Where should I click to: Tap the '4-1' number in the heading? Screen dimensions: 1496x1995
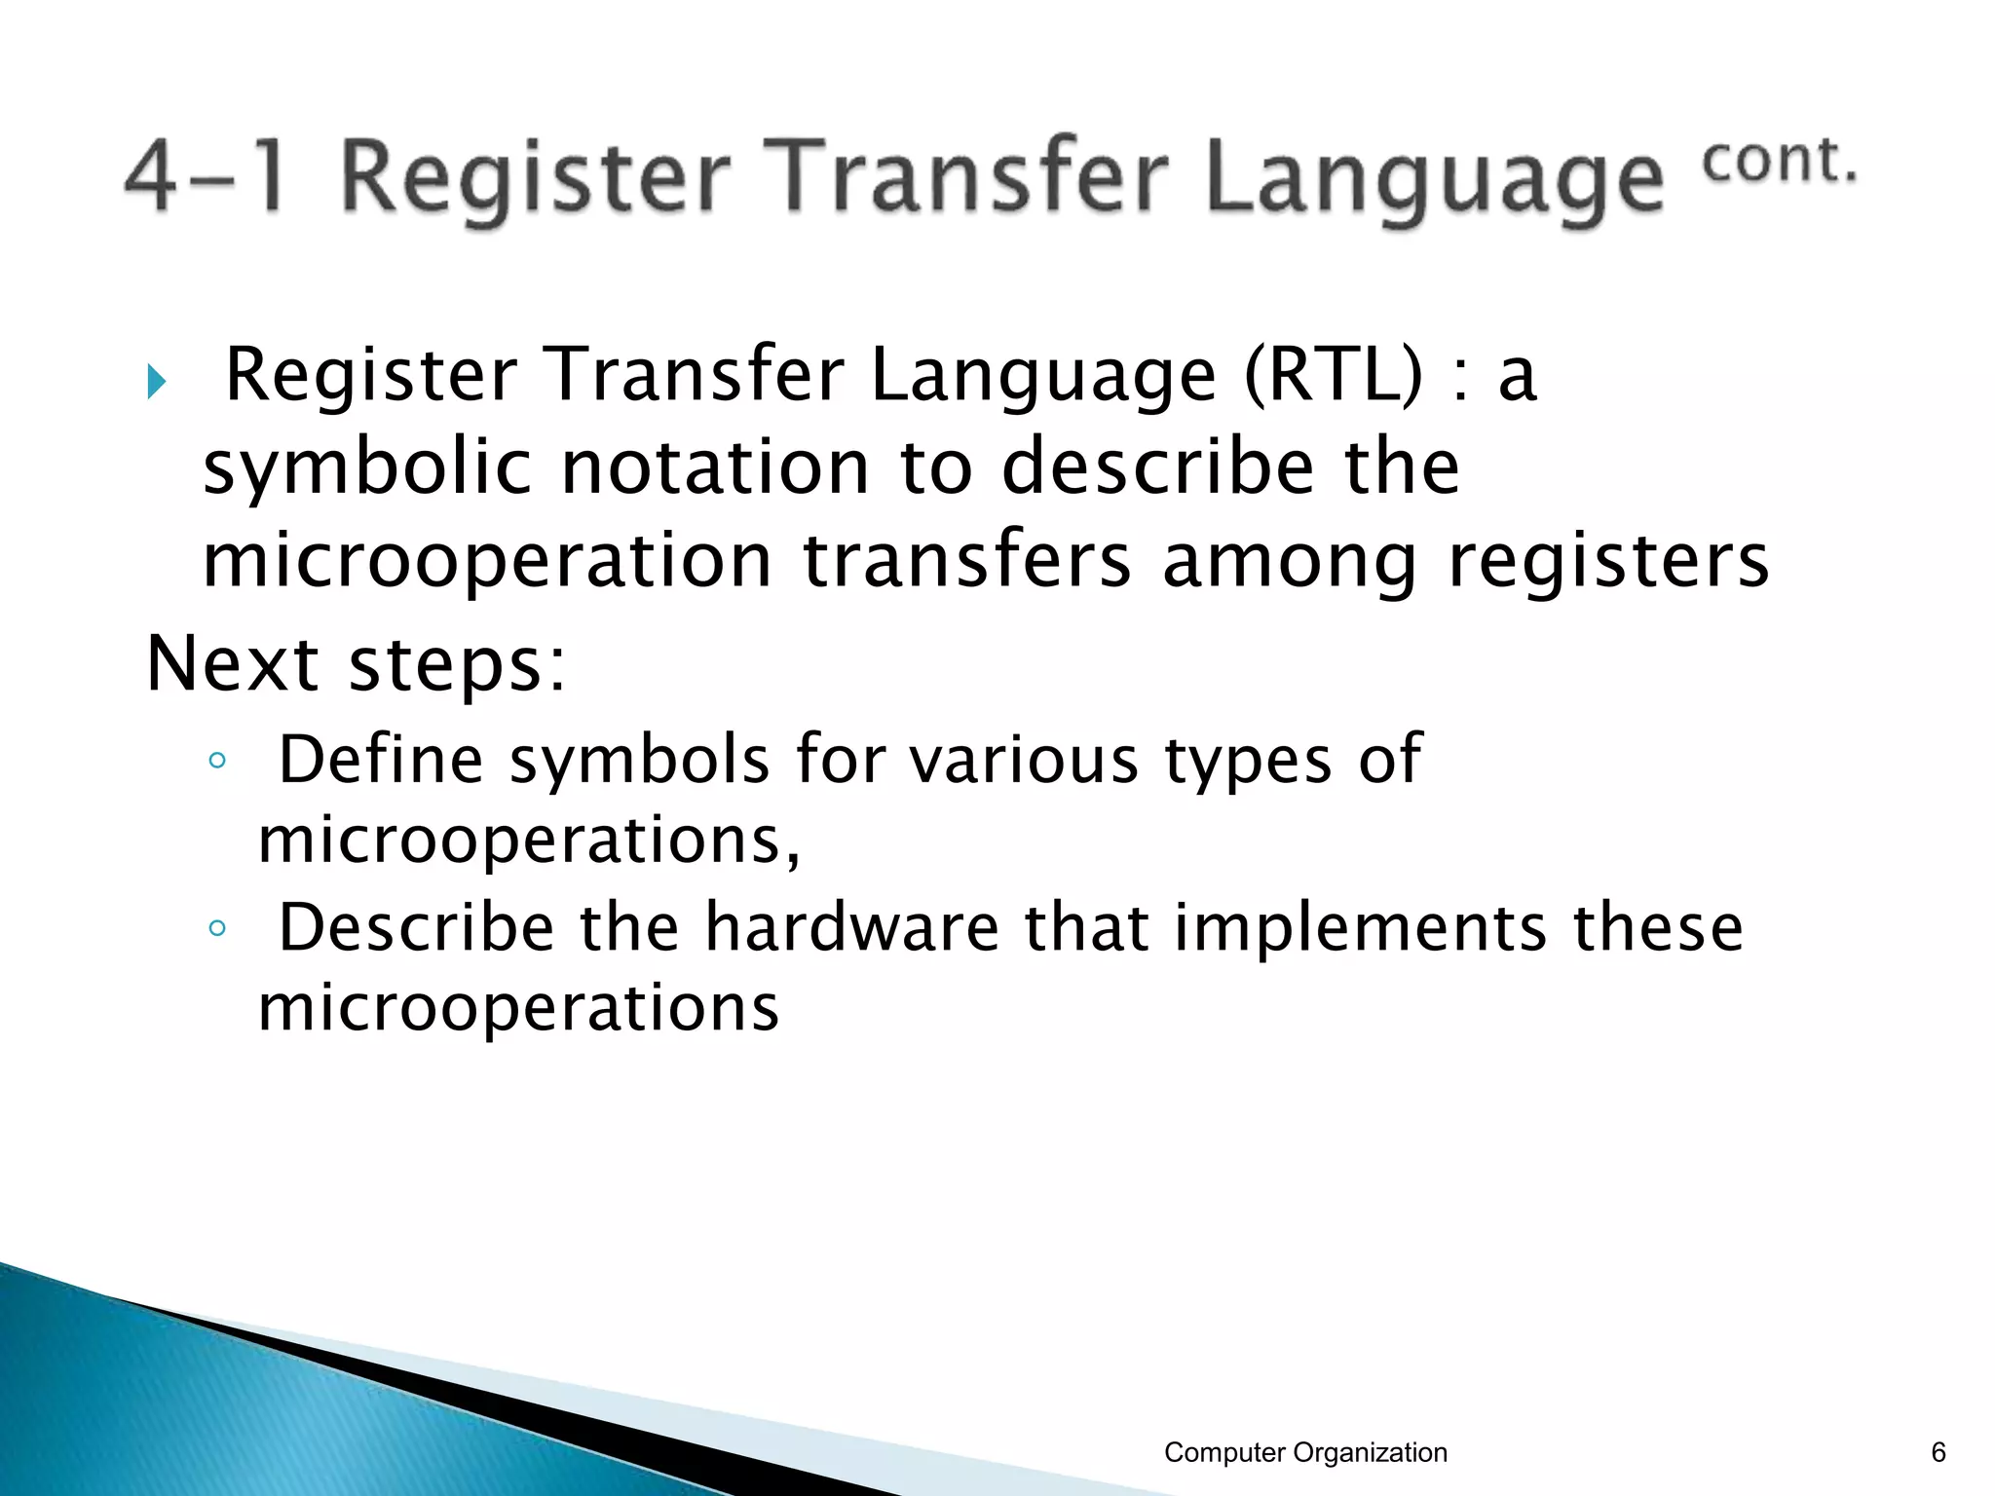(206, 176)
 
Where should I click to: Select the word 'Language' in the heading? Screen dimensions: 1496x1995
(1435, 182)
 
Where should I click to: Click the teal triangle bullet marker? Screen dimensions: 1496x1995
(156, 381)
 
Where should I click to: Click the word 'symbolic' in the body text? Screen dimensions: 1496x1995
(366, 468)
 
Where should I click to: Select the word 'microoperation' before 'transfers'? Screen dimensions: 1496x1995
(487, 562)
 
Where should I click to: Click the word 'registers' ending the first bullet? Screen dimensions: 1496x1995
(1608, 562)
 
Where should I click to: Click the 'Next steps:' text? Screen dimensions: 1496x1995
(357, 664)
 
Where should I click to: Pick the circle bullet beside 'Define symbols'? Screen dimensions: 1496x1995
(217, 760)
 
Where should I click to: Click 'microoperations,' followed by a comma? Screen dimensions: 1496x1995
(529, 841)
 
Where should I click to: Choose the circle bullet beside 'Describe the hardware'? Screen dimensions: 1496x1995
(217, 928)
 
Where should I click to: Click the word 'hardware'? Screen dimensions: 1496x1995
(851, 927)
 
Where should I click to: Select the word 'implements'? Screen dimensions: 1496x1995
(1360, 929)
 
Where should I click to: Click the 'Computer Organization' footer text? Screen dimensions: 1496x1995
(1305, 1452)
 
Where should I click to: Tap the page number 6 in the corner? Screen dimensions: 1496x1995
(1938, 1452)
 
